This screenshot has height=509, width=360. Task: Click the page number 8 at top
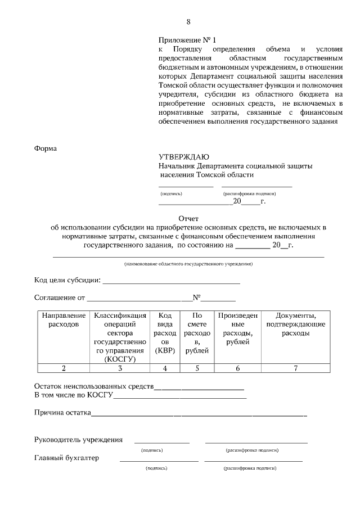188,22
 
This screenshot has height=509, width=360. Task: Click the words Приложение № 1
187,40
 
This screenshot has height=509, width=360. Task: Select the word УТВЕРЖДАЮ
184,157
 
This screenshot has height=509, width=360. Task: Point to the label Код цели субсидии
67,280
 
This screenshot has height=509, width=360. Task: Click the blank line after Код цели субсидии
171,281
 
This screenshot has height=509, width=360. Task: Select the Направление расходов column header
64,320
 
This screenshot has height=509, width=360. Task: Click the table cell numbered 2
64,368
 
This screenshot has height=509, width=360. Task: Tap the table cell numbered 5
197,368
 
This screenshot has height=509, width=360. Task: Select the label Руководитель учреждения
78,439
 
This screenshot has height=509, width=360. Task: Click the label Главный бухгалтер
66,458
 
